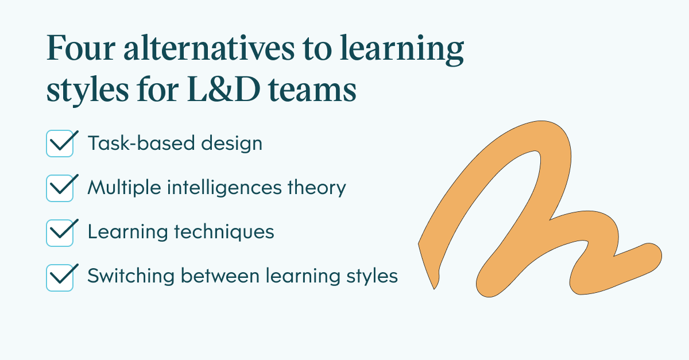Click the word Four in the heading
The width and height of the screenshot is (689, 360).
[81, 48]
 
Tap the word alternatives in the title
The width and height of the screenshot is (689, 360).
[209, 47]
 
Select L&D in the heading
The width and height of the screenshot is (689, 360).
[223, 89]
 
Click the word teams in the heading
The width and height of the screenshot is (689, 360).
[312, 90]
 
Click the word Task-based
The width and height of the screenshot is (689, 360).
[141, 143]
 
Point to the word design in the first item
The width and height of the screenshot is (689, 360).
[231, 144]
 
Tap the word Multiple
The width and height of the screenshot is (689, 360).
[124, 188]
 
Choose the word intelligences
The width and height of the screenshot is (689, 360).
[224, 188]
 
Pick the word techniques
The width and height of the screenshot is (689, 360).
[224, 232]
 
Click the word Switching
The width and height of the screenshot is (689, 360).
[131, 276]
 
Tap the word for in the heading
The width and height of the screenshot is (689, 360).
[158, 89]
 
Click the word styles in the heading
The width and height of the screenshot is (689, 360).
[88, 90]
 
